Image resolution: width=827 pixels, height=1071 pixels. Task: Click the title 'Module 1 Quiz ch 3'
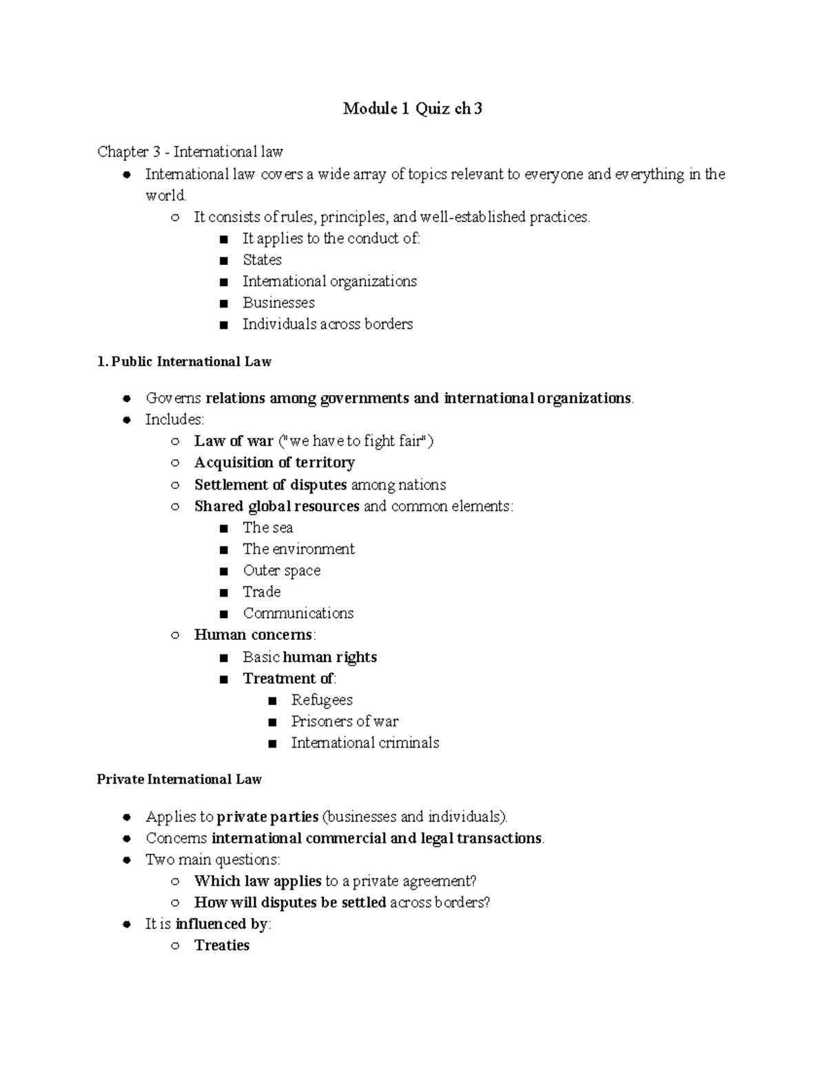(x=413, y=108)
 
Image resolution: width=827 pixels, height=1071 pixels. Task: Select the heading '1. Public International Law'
(x=184, y=361)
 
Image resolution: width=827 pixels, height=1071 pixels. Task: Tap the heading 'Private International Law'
(x=179, y=779)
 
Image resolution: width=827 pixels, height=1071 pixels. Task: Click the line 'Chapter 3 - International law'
(x=190, y=152)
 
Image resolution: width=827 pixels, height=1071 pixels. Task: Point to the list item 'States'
(x=262, y=260)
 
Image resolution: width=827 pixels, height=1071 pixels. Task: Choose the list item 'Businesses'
(x=278, y=303)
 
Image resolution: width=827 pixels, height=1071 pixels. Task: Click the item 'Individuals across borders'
(x=327, y=324)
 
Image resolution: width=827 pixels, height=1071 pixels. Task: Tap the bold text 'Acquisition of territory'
(x=274, y=463)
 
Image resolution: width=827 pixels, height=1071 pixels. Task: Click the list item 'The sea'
(x=267, y=528)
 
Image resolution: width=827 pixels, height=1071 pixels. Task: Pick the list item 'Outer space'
(x=281, y=570)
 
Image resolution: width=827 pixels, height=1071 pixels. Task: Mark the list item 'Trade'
(x=261, y=592)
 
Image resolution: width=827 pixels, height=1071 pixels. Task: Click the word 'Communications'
(x=298, y=613)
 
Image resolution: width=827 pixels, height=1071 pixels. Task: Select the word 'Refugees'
(x=321, y=700)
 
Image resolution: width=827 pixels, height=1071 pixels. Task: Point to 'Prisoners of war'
(x=345, y=721)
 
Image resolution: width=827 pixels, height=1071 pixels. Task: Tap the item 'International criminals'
(x=365, y=743)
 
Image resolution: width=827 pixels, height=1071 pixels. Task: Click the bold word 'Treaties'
(x=221, y=945)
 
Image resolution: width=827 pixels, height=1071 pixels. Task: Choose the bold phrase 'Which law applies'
(x=258, y=881)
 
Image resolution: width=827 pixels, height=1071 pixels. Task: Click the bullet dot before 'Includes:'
(x=126, y=420)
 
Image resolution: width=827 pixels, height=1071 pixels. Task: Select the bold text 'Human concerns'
(x=253, y=634)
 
